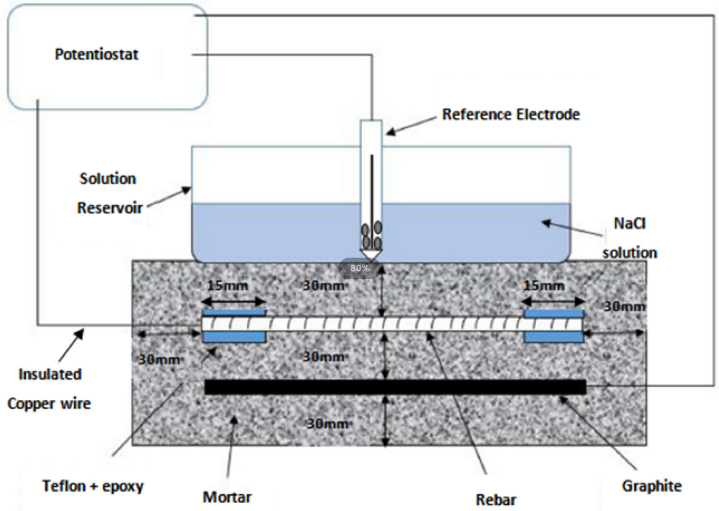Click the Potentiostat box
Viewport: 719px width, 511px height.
point(107,57)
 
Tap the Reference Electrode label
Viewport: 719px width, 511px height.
point(511,114)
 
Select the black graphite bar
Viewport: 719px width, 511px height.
point(395,387)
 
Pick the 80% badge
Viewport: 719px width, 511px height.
point(360,268)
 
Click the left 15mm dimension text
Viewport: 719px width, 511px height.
point(227,285)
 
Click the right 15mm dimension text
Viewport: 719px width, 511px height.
point(545,285)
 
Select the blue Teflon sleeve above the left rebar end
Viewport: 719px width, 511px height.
point(235,313)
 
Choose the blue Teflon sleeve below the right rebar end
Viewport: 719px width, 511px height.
point(553,336)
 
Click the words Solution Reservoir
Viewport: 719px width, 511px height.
point(108,193)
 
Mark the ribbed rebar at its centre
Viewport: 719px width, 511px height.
point(394,324)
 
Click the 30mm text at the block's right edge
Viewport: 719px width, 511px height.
point(624,306)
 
